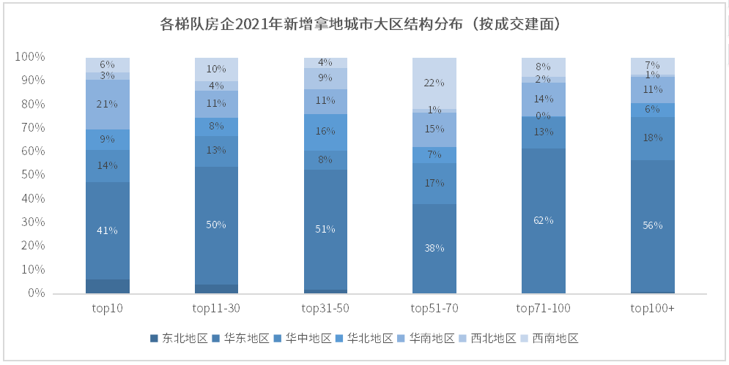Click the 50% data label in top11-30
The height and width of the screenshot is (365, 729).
click(217, 225)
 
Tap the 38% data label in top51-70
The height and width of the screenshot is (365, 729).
click(434, 248)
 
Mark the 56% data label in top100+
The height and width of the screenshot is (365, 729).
click(652, 225)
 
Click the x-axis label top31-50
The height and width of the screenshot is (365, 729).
click(325, 309)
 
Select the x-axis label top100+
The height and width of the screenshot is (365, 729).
click(652, 309)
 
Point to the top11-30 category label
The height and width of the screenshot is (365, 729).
click(217, 309)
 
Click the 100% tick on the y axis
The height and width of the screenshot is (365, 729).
click(31, 57)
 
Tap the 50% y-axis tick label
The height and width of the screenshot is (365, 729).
click(33, 175)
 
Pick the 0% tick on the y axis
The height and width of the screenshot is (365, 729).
click(37, 293)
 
